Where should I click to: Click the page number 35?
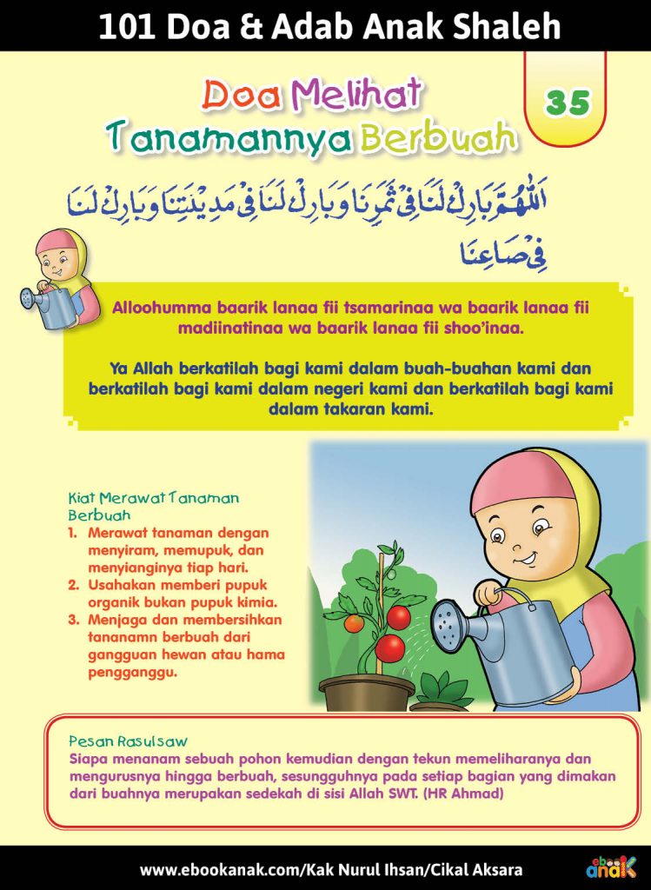click(568, 103)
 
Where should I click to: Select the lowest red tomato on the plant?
click(389, 648)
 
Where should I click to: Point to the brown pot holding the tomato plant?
click(366, 694)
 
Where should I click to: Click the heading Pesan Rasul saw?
click(127, 742)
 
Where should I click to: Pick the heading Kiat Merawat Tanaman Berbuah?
click(153, 506)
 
